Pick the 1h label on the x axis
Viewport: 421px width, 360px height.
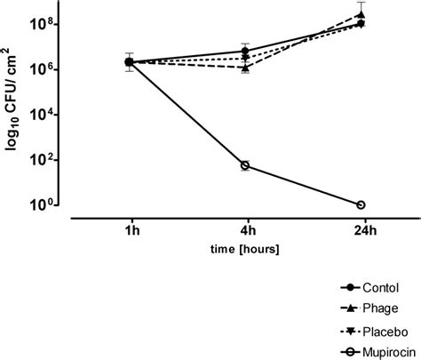point(130,229)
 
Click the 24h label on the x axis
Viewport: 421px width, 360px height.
point(361,229)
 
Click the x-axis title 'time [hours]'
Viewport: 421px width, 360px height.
point(245,250)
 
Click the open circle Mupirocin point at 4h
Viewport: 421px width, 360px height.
point(245,165)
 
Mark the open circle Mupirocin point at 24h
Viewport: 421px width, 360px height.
point(361,204)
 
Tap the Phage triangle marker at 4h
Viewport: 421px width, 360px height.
point(245,67)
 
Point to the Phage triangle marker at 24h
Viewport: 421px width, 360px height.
point(361,14)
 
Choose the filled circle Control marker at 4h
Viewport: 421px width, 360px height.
point(245,51)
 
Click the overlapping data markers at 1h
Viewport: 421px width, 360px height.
point(130,61)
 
